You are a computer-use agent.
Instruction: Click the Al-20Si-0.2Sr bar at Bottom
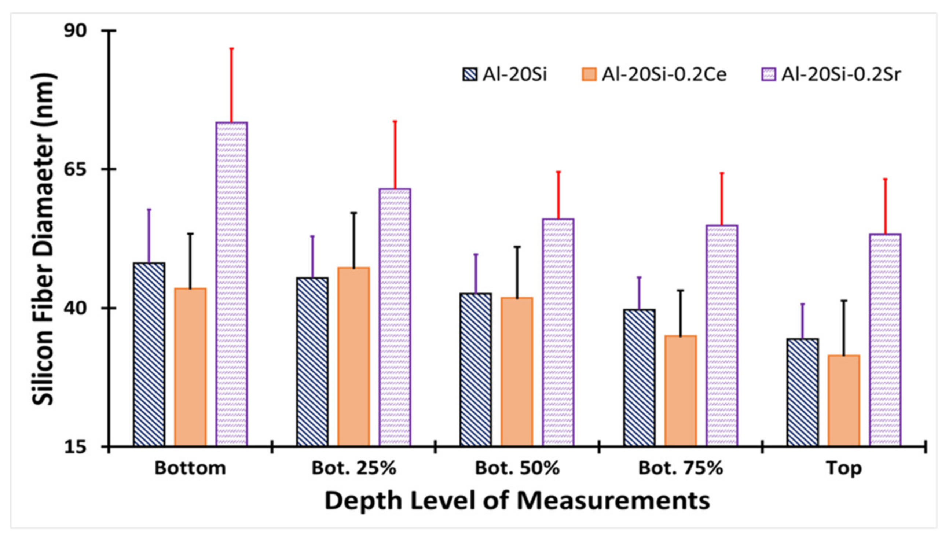[232, 284]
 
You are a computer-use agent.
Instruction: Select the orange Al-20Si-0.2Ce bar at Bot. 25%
[353, 357]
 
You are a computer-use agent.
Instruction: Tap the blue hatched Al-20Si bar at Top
[803, 392]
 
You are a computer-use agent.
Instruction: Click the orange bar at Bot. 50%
[517, 372]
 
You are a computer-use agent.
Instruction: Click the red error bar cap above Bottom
[232, 48]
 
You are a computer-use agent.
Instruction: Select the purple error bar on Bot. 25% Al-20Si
[312, 257]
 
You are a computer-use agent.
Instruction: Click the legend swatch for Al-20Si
[470, 74]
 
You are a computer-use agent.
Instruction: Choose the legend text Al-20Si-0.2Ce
[664, 74]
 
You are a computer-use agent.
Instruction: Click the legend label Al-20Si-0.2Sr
[841, 74]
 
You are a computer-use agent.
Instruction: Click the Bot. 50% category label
[517, 468]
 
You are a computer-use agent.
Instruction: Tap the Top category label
[844, 468]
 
